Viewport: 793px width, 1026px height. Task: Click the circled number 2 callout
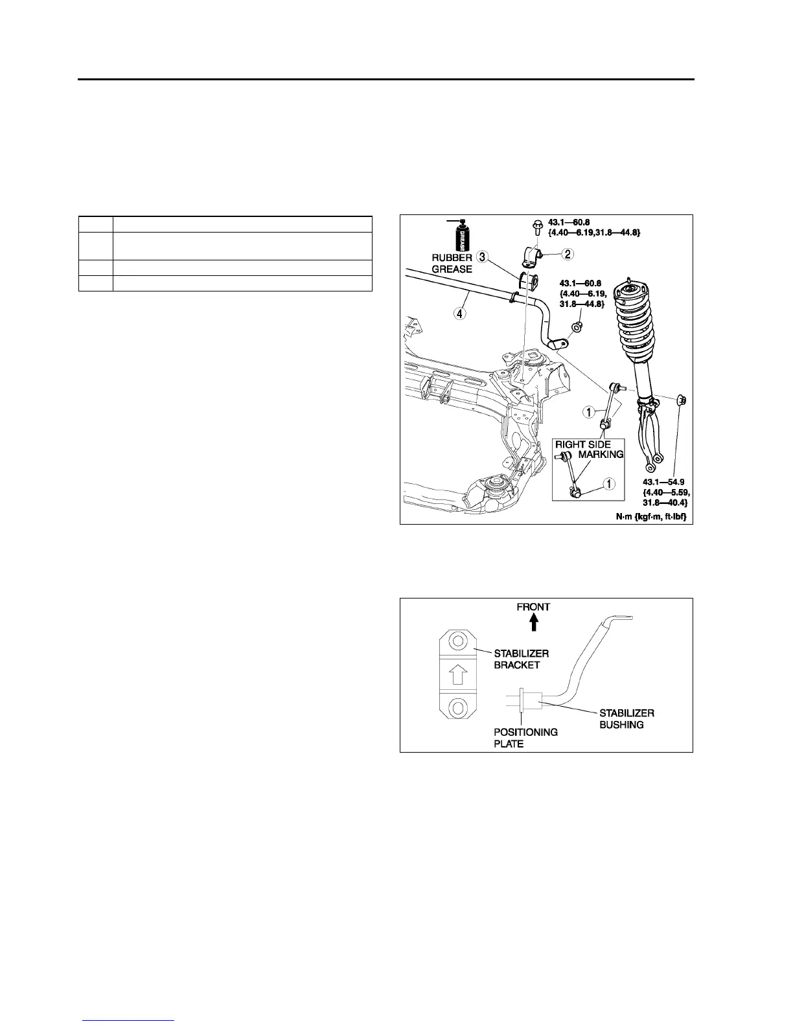(567, 255)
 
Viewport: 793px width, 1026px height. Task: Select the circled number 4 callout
(459, 313)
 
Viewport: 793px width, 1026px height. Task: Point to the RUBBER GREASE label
(452, 263)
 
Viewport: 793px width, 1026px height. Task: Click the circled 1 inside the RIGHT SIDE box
(608, 483)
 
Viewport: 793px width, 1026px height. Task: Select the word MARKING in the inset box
(601, 454)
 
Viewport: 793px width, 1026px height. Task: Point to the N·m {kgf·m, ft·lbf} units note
(652, 516)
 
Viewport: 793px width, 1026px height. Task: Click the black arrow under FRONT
(534, 622)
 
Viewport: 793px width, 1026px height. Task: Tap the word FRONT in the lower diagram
(533, 607)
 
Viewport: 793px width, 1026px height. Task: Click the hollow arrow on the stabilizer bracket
(457, 675)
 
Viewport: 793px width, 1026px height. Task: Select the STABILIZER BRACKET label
(521, 659)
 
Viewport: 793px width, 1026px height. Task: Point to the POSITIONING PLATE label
(525, 738)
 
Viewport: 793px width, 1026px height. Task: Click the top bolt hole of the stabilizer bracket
(457, 643)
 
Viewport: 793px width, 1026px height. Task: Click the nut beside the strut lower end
(682, 400)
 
